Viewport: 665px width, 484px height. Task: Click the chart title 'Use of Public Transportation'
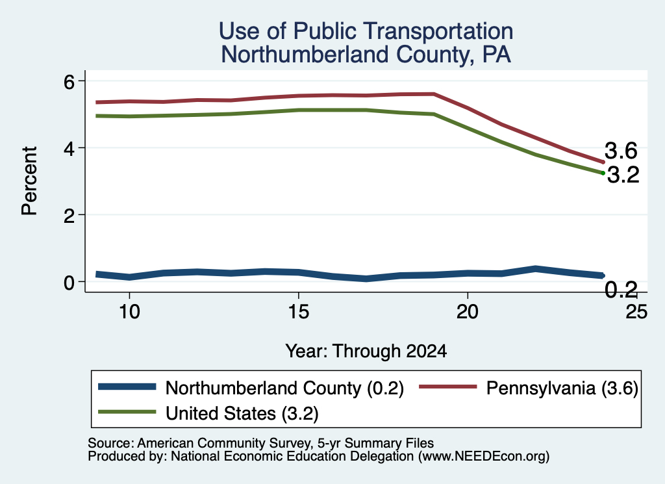click(x=366, y=31)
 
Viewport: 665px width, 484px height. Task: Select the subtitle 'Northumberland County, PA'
click(x=366, y=55)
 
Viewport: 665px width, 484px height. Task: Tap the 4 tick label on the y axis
click(x=69, y=148)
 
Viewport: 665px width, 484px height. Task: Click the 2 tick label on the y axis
click(x=69, y=215)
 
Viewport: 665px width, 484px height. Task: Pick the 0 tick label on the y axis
click(x=69, y=282)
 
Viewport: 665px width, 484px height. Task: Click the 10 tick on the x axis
click(x=129, y=312)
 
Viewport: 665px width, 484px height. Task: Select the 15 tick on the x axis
click(x=299, y=312)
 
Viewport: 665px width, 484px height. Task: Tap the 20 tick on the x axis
click(x=468, y=312)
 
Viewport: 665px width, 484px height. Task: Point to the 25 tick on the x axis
click(x=636, y=312)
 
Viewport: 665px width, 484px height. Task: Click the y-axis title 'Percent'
click(x=30, y=181)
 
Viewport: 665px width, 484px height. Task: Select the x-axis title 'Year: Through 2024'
click(x=366, y=351)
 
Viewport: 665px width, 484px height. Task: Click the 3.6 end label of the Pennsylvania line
click(x=621, y=151)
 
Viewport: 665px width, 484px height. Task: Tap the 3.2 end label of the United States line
click(x=623, y=175)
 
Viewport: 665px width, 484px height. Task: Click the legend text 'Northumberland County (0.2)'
click(x=284, y=388)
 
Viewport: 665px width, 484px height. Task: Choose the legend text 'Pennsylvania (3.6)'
click(x=562, y=388)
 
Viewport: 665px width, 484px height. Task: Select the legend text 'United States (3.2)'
click(x=242, y=413)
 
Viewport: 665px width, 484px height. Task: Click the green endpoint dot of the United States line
click(x=603, y=173)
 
